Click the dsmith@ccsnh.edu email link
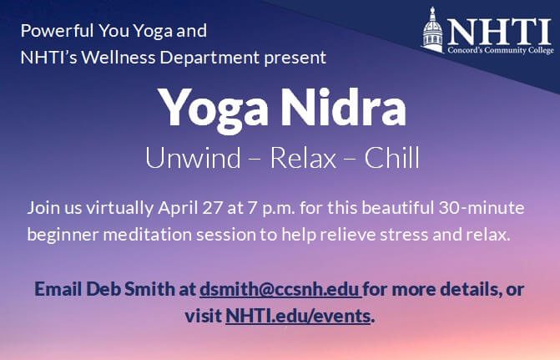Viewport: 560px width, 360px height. point(280,289)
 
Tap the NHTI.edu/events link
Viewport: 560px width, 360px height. point(298,316)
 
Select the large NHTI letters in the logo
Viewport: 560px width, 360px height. point(499,32)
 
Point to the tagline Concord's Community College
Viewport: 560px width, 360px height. point(501,50)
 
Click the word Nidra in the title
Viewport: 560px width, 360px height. point(343,108)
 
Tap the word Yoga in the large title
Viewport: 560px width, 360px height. point(213,111)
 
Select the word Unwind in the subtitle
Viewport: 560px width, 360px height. point(193,158)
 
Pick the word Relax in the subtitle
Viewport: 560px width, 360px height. point(303,158)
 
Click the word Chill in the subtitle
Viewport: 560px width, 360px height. point(391,158)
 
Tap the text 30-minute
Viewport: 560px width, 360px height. point(482,208)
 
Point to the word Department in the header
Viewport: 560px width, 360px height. point(209,58)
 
